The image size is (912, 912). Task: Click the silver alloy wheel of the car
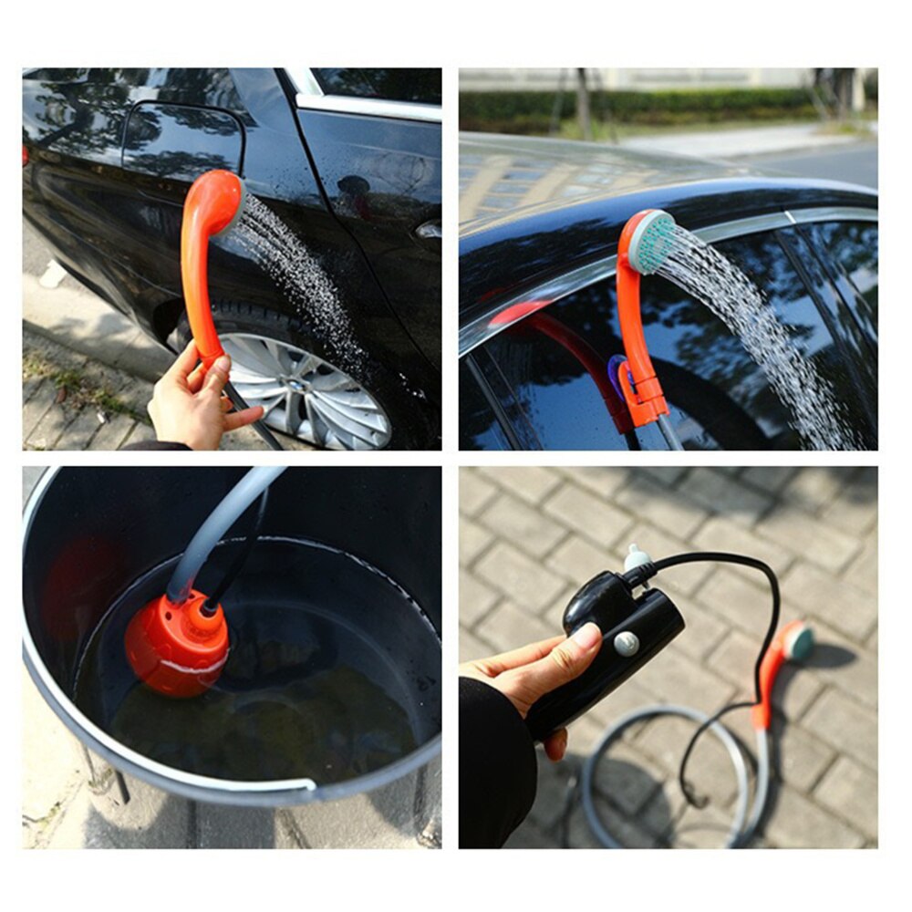click(x=306, y=388)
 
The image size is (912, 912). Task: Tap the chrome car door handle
click(x=429, y=229)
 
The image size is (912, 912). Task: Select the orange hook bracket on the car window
click(x=644, y=392)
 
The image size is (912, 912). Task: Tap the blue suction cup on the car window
click(x=618, y=374)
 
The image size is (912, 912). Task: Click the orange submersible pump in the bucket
click(x=178, y=643)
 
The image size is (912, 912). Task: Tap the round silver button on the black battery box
click(x=626, y=644)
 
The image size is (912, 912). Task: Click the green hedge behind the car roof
click(x=638, y=107)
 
